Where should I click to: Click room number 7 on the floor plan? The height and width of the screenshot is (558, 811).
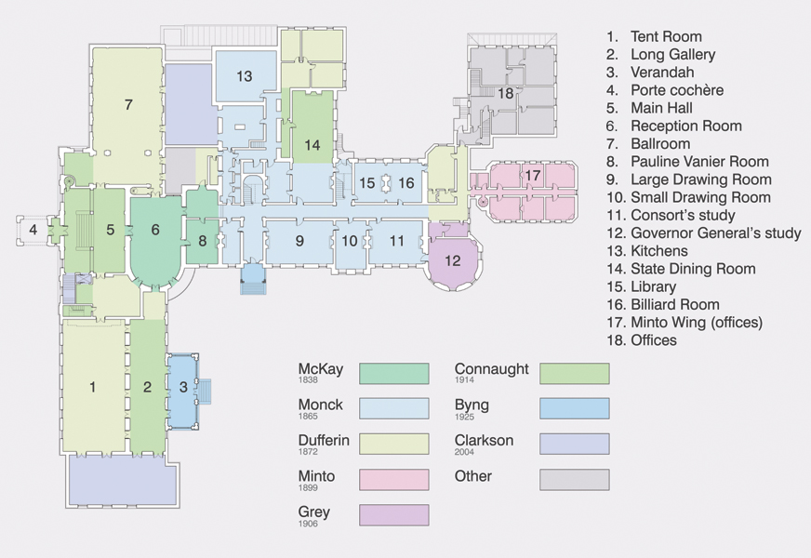pyautogui.click(x=128, y=105)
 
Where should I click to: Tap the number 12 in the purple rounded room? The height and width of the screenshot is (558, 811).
pyautogui.click(x=453, y=260)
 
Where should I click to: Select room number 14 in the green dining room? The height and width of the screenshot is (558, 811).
pyautogui.click(x=312, y=145)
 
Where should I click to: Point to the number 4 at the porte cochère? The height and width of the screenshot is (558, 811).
pyautogui.click(x=33, y=229)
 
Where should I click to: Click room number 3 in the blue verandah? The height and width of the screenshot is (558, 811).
pyautogui.click(x=183, y=387)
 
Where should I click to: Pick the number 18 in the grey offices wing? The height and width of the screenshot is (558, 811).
pyautogui.click(x=505, y=94)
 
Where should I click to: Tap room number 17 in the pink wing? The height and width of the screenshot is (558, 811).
pyautogui.click(x=533, y=176)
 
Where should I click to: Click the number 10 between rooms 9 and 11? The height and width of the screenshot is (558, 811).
pyautogui.click(x=350, y=241)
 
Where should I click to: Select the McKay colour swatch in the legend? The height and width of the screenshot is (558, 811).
pyautogui.click(x=394, y=373)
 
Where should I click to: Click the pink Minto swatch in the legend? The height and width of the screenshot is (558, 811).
pyautogui.click(x=394, y=479)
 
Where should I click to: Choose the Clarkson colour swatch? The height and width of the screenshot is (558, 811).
pyautogui.click(x=575, y=444)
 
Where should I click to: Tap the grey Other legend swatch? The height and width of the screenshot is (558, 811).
pyautogui.click(x=575, y=479)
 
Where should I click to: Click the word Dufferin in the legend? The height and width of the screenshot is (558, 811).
pyautogui.click(x=324, y=441)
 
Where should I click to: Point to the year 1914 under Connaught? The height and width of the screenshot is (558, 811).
pyautogui.click(x=464, y=380)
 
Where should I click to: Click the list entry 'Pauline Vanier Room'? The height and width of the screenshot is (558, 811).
pyautogui.click(x=699, y=162)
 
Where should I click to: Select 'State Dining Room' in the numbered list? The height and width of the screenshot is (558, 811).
pyautogui.click(x=693, y=269)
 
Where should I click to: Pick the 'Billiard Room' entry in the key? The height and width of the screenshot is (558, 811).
pyautogui.click(x=675, y=305)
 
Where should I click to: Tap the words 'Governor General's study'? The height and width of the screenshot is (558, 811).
pyautogui.click(x=716, y=233)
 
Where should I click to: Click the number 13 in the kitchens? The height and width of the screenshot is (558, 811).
pyautogui.click(x=244, y=76)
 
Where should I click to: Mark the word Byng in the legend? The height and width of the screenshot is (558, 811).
pyautogui.click(x=472, y=405)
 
